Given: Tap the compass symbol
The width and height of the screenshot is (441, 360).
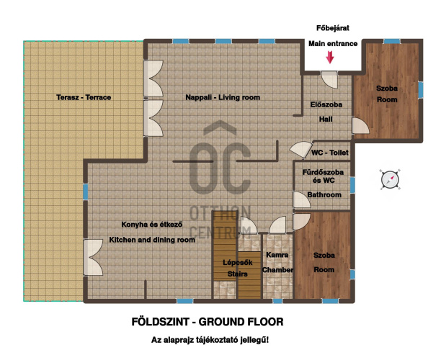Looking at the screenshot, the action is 390,179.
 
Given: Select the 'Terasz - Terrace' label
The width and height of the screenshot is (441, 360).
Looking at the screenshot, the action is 84,97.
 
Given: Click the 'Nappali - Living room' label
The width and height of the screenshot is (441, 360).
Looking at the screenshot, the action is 223,97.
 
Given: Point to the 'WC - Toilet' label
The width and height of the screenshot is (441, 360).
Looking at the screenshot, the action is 329,153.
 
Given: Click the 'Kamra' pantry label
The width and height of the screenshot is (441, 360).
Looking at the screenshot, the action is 277,255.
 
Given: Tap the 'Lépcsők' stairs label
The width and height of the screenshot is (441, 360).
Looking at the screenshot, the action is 237,263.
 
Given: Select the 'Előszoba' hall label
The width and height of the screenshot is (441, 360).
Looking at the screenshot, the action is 326,104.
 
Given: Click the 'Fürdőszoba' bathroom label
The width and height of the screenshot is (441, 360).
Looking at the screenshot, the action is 323,172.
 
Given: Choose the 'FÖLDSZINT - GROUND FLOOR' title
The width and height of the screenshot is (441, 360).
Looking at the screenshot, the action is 208,322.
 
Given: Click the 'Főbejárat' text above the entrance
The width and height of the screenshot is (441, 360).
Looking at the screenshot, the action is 333,28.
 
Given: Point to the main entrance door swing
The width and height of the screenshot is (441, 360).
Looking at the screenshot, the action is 329,79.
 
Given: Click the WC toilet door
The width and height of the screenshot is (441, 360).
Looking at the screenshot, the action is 301,150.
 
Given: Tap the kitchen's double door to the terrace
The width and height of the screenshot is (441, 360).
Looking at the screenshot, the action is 93,257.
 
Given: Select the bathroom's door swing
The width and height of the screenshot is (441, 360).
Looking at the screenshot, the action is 302,200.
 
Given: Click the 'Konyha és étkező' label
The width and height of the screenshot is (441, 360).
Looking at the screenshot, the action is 152,225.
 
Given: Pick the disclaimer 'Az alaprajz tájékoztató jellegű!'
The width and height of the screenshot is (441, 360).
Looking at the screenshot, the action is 210,340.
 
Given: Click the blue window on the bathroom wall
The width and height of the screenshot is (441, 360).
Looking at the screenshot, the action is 352,185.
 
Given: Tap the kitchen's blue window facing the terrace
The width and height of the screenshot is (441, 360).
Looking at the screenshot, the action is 86,192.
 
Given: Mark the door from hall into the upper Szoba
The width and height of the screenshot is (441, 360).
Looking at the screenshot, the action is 360,125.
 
